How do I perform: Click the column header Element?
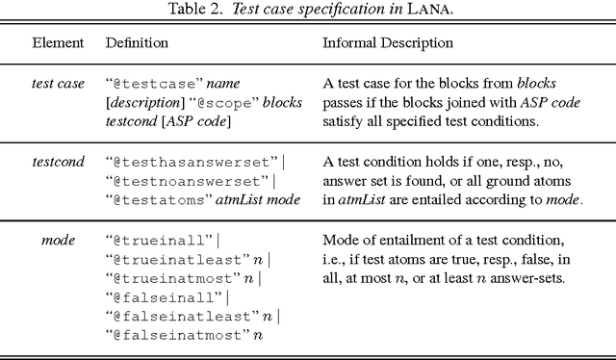coord(58,44)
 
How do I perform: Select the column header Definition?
coord(137,44)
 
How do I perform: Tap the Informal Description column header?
coord(387,44)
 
